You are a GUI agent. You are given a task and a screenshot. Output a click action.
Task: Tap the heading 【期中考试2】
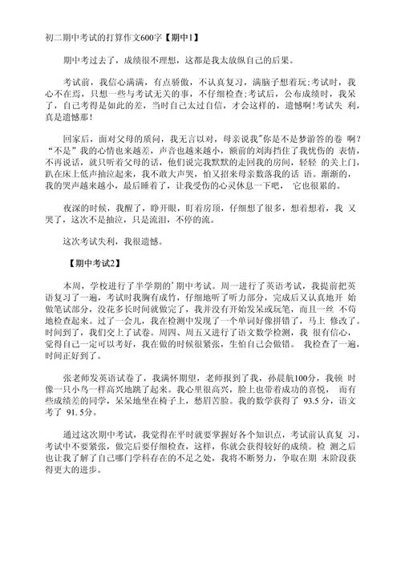94,261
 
